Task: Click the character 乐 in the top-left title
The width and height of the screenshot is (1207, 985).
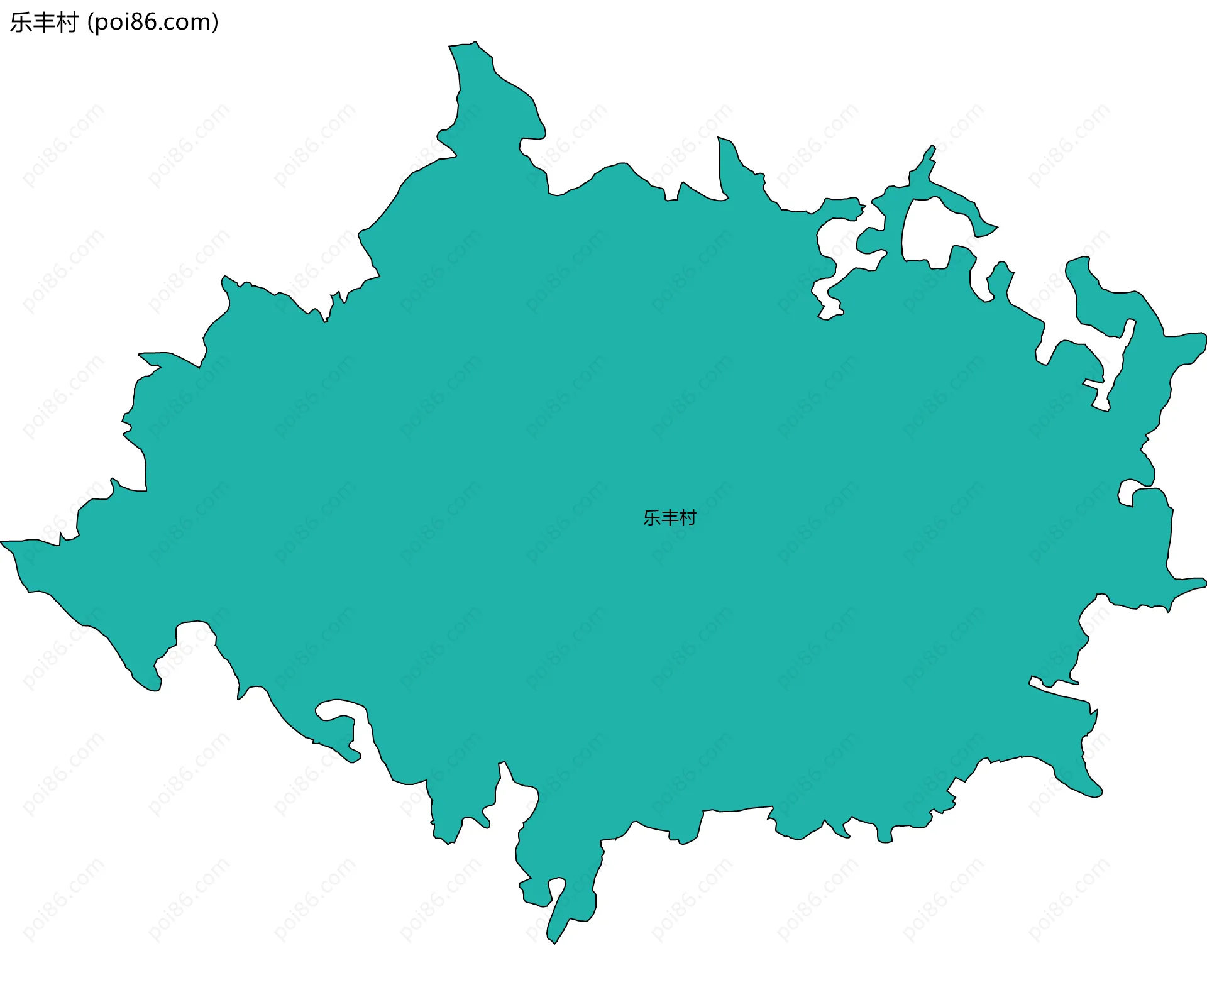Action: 21,23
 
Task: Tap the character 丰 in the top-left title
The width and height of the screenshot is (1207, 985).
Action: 44,23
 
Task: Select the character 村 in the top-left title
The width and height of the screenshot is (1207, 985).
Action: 67,23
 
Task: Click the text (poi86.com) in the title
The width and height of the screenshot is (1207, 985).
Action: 153,23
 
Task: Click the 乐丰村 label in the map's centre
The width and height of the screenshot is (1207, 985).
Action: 670,517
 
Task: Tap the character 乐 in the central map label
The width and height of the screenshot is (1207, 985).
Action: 652,517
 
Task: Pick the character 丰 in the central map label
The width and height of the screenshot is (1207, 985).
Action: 670,517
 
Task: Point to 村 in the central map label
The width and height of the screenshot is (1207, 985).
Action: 688,517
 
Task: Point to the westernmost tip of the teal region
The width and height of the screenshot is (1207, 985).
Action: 2,541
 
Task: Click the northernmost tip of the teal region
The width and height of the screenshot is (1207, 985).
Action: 475,42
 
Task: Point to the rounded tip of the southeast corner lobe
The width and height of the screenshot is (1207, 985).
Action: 1097,792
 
